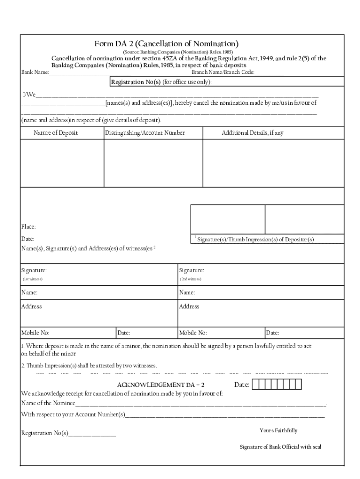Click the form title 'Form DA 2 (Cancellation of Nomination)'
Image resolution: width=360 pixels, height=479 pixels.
[166, 44]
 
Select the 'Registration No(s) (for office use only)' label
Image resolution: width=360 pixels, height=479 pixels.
[161, 82]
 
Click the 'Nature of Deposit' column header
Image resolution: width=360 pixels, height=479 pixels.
[56, 133]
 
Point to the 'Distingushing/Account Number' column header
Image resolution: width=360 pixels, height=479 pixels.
[145, 133]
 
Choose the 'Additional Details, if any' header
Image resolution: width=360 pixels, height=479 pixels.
[252, 133]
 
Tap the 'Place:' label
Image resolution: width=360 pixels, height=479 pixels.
[29, 227]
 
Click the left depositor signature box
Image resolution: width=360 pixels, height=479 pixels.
[228, 219]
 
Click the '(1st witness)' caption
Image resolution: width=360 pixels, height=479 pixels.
[33, 279]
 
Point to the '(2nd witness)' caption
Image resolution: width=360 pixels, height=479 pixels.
[190, 279]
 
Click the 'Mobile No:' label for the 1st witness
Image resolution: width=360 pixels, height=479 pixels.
[36, 333]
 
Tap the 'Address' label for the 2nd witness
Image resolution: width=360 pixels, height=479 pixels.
[189, 306]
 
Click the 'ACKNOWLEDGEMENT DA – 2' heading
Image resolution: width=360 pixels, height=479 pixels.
[160, 385]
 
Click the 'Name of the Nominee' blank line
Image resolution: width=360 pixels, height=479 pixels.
[201, 403]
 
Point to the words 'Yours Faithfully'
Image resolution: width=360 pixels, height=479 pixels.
[278, 430]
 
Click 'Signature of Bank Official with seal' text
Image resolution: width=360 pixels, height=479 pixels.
[281, 447]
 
